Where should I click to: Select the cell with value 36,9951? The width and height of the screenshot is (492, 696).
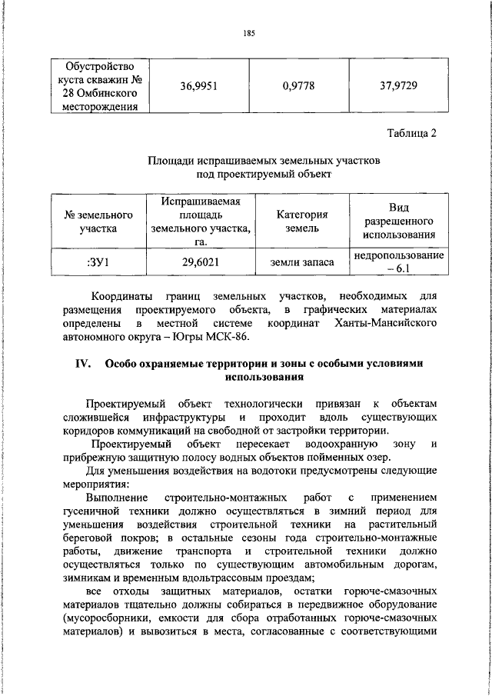200,85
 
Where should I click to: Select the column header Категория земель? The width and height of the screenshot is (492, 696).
301,221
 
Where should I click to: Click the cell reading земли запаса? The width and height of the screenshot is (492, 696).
301,263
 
